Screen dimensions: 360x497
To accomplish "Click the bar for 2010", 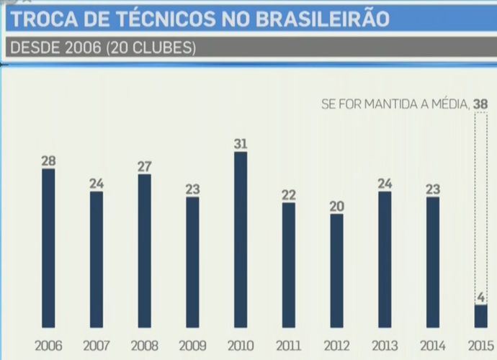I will point(241,239).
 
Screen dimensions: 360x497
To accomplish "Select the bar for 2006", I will point(48,248).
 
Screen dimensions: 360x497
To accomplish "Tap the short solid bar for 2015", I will point(480,315).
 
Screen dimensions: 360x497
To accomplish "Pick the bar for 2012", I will point(336,270).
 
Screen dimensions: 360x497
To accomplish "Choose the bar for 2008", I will point(144,251).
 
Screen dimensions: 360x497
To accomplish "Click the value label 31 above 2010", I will point(241,144).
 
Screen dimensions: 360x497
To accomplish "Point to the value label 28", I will point(48,161).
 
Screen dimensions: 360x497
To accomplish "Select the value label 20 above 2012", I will point(336,206).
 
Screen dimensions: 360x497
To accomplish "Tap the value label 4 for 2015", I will point(480,297).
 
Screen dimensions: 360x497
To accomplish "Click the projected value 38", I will point(480,104).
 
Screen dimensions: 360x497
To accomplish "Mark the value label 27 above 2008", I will point(144,166).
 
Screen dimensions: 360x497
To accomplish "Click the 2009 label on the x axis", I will point(192,345).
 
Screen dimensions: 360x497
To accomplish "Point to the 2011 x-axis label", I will point(288,345).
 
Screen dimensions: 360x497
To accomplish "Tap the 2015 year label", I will point(480,345).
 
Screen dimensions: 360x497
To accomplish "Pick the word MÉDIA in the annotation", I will point(447,104).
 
